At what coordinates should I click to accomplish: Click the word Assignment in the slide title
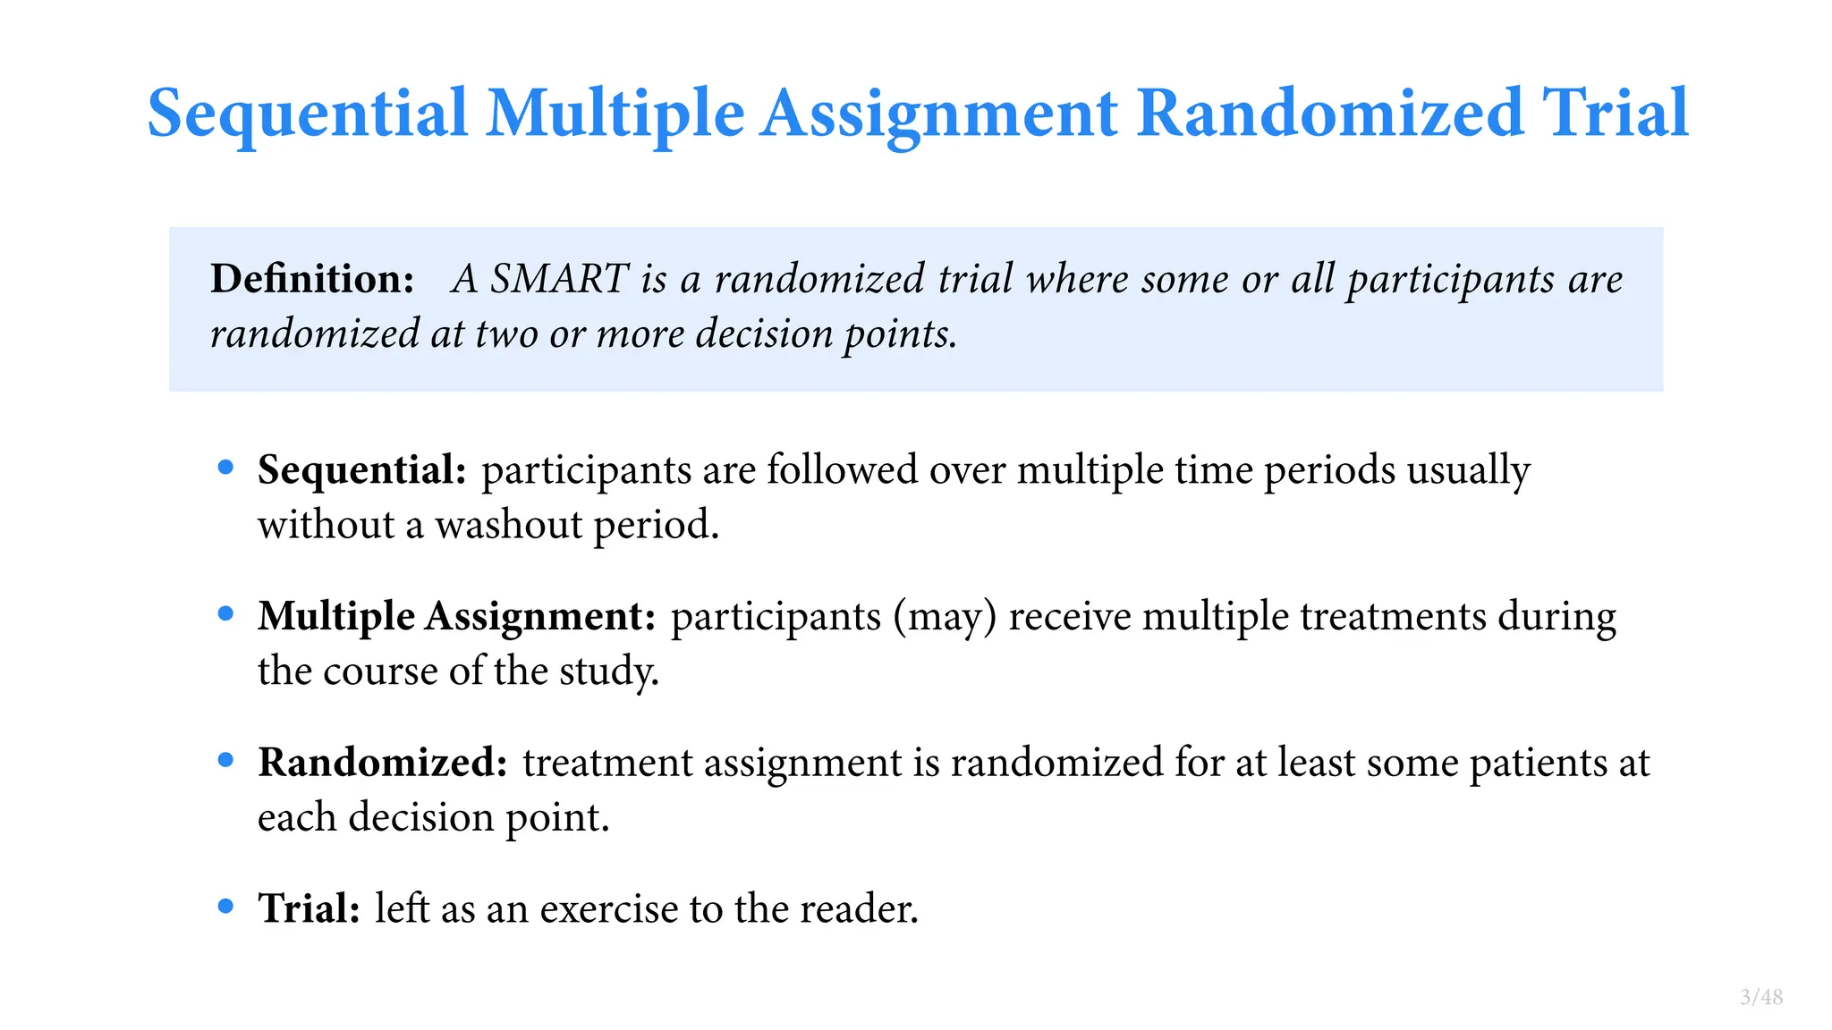click(939, 114)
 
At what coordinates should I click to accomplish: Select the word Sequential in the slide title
click(308, 114)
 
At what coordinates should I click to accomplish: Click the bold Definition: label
click(312, 279)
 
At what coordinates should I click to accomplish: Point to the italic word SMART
click(559, 279)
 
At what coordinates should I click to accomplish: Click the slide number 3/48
click(1761, 998)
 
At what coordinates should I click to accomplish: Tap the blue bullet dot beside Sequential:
click(225, 468)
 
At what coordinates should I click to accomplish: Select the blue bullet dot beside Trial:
click(225, 907)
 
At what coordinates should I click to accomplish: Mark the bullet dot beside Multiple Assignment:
click(225, 614)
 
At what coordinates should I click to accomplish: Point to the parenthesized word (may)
click(945, 617)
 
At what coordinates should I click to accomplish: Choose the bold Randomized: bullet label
click(383, 763)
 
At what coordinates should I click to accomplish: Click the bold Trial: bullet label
click(309, 908)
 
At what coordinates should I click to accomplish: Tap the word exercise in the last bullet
click(608, 909)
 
